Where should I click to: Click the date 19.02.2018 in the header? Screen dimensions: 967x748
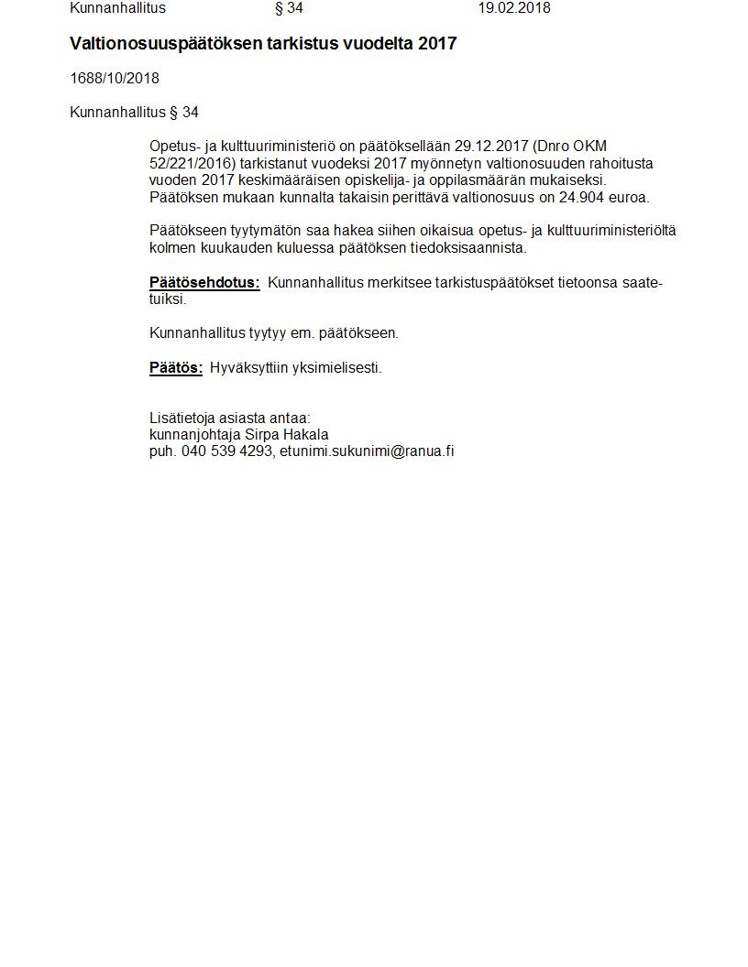tap(513, 8)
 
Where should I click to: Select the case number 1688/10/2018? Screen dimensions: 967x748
tap(115, 79)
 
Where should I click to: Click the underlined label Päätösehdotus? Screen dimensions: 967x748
tap(204, 283)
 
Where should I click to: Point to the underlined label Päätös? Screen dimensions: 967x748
tap(176, 368)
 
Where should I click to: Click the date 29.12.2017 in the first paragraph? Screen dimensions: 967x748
tap(490, 147)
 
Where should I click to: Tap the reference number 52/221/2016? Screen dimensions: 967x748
tap(192, 164)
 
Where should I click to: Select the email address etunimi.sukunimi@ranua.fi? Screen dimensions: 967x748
tap(367, 451)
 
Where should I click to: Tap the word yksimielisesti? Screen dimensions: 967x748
tap(336, 368)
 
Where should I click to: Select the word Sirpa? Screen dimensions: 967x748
tap(259, 435)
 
